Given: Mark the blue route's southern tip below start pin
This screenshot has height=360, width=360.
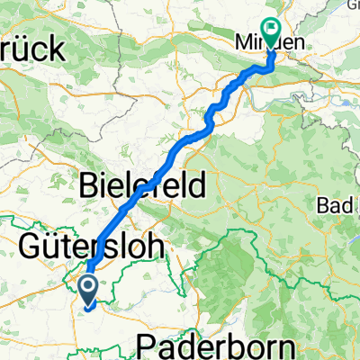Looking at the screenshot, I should pyautogui.click(x=86, y=309).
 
